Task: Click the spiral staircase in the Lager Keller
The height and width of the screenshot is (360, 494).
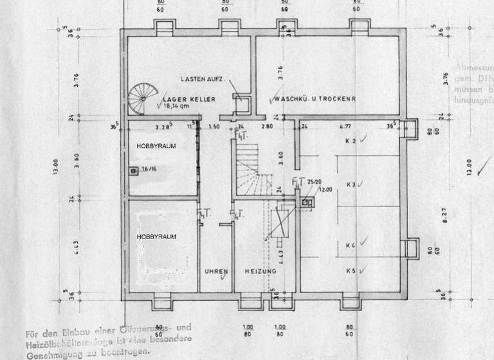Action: point(143,98)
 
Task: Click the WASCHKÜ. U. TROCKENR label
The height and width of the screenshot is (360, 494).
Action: point(315,100)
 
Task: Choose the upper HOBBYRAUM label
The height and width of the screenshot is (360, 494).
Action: point(156,147)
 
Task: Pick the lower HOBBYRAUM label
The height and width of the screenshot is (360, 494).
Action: point(156,237)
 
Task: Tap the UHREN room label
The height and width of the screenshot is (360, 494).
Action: point(216,272)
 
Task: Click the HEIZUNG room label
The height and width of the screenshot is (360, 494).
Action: point(261,272)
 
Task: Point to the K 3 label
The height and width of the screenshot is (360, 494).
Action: point(351,184)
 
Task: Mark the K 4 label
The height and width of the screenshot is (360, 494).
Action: point(351,245)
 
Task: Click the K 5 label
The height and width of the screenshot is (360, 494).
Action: point(351,271)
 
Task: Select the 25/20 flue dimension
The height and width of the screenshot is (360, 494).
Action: point(314,182)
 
